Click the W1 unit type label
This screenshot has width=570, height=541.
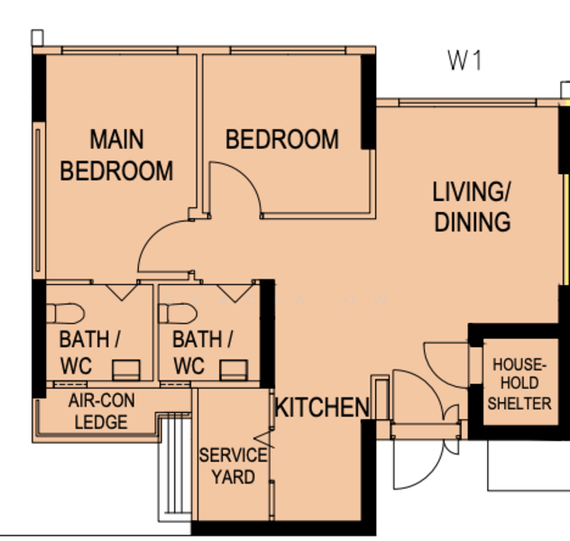click(464, 60)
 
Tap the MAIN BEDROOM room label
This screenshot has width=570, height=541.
click(116, 155)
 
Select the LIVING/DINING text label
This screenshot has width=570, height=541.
click(473, 206)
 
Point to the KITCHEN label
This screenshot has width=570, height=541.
click(322, 408)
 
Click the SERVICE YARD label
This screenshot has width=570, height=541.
click(233, 466)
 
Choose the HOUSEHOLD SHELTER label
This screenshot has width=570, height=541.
click(519, 384)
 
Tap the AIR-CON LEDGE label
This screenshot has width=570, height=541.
click(101, 411)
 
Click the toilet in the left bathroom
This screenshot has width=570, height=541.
click(66, 314)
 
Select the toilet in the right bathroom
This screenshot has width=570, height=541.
click(179, 314)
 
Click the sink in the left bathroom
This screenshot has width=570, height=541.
click(125, 370)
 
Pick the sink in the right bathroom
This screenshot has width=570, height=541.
click(234, 370)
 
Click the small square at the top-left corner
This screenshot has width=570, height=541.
click(38, 38)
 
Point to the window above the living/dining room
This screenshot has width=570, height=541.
click(468, 103)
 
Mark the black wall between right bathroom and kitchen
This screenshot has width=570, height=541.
click(267, 334)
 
